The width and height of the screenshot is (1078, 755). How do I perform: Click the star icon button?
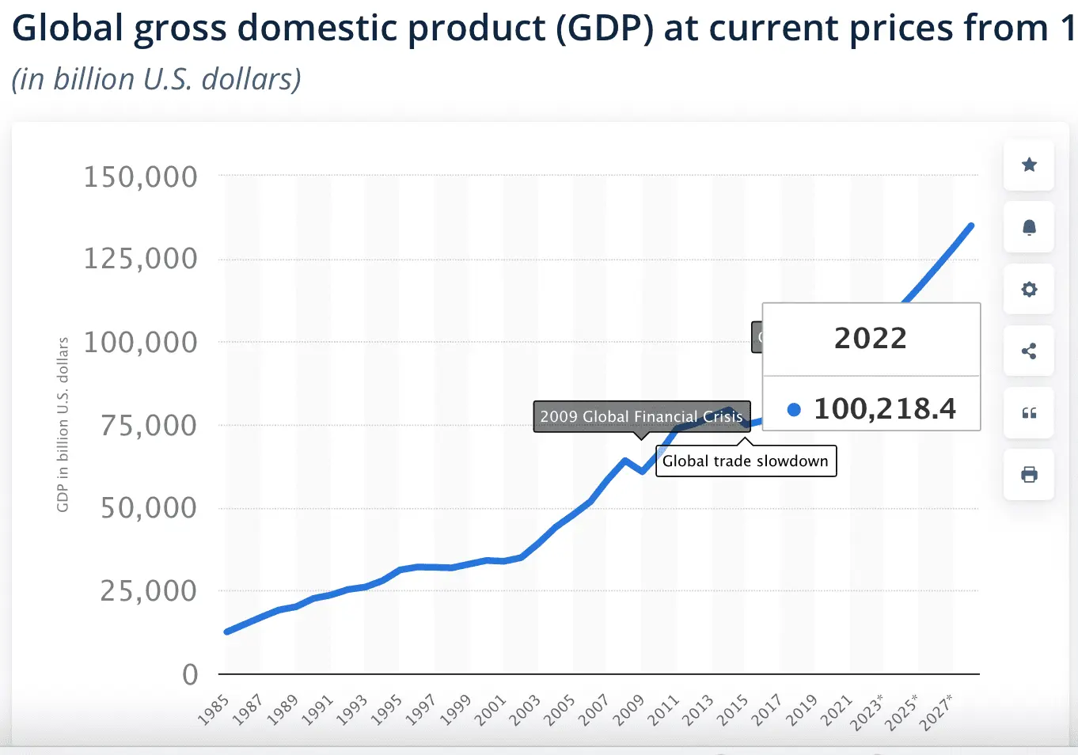point(1029,165)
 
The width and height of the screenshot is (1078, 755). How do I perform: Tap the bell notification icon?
point(1029,227)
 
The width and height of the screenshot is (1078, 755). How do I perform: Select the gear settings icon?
point(1029,289)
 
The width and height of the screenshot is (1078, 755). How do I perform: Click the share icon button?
point(1029,351)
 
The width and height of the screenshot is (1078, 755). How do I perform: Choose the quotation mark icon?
point(1029,413)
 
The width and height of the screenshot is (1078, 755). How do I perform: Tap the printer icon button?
point(1029,475)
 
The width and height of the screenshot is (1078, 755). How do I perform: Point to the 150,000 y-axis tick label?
point(141,177)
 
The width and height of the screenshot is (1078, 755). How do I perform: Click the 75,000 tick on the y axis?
point(149,426)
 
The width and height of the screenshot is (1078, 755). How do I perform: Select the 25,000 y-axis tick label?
point(149,590)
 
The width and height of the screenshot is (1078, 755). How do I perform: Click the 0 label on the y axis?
point(190,674)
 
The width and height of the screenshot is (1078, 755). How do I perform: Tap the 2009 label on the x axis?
point(629,709)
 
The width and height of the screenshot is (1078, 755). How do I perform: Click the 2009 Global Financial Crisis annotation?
point(641,416)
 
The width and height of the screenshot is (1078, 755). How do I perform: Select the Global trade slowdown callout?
point(746,461)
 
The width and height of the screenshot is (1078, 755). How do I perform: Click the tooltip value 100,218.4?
point(885,408)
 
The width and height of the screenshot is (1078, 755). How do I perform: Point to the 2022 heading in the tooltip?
point(871,338)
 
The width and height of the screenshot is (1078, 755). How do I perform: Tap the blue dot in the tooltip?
point(794,409)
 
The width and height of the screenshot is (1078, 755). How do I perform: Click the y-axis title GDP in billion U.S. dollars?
point(63,424)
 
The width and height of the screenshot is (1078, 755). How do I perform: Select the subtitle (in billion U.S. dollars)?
point(157,79)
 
